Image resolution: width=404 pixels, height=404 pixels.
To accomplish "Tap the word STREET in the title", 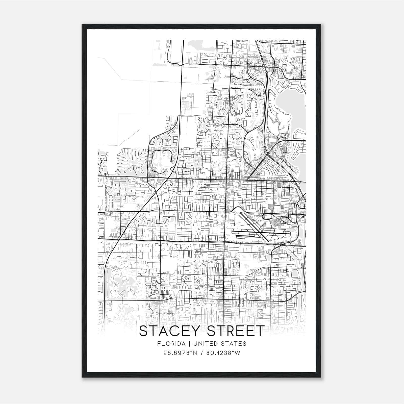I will pos(235,331).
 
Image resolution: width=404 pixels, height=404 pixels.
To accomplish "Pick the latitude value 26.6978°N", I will pos(180,353).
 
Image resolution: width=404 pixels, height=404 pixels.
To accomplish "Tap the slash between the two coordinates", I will pos(201,353).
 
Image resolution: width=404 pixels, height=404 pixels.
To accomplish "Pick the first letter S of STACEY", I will pos(143,331).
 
